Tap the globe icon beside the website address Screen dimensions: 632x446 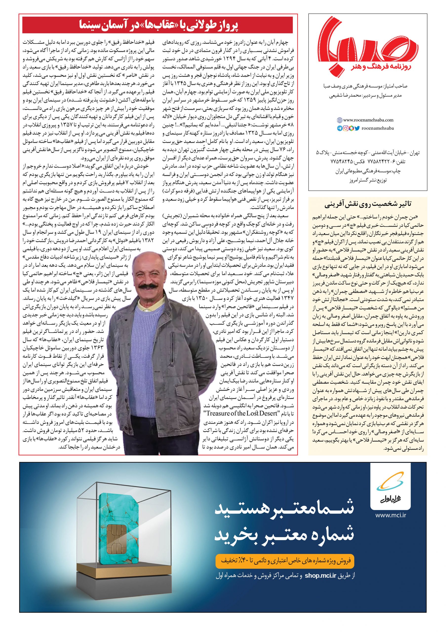340,120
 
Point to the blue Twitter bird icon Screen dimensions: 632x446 357,128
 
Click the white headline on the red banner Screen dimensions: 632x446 158,25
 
